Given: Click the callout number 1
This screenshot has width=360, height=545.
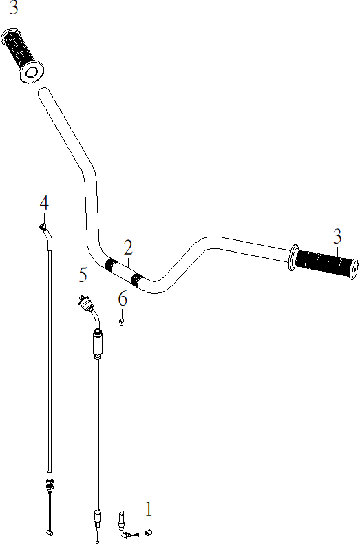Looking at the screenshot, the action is [x=149, y=509].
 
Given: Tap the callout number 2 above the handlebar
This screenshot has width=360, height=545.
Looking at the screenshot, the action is [x=128, y=248].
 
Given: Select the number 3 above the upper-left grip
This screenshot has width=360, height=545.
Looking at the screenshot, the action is [x=13, y=8].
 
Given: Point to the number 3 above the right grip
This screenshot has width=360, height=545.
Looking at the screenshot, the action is [x=337, y=237].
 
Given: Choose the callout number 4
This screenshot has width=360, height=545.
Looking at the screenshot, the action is [x=44, y=203].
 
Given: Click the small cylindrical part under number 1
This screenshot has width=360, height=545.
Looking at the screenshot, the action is [x=149, y=532].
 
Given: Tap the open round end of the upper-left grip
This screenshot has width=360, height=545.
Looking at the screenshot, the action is [x=31, y=72].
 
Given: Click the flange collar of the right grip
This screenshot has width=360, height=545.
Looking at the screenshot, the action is [x=293, y=257].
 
